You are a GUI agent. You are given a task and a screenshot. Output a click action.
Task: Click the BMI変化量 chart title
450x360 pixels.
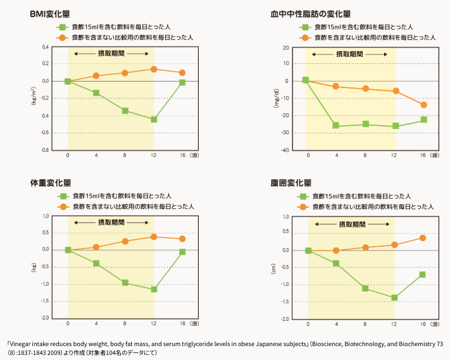point(50,14)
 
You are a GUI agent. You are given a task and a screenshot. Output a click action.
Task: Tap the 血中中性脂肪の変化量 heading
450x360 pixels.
point(311,14)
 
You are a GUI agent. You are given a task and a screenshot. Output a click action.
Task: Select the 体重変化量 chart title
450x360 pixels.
point(51,183)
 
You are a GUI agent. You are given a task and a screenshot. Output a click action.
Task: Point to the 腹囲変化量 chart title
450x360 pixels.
point(291,183)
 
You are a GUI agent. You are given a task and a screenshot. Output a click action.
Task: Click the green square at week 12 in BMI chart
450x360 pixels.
point(154,120)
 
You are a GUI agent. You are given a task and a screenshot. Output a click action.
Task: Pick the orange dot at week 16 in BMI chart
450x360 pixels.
point(182,73)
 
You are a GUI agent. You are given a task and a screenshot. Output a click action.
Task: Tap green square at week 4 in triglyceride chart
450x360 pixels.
point(335,125)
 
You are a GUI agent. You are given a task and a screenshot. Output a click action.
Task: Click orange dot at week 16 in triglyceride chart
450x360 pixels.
point(423,105)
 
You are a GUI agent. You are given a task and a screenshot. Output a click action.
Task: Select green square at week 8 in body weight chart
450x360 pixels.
point(125,283)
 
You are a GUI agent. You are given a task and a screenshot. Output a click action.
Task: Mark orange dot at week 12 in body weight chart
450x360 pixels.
point(154,237)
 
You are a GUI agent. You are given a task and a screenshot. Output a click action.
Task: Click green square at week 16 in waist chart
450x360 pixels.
point(422,275)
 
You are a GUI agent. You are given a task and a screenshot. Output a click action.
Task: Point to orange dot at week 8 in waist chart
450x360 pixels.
point(365,247)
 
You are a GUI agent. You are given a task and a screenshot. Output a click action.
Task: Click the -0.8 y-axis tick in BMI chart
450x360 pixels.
point(46,150)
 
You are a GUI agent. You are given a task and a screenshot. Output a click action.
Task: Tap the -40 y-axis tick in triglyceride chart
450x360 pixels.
point(285,151)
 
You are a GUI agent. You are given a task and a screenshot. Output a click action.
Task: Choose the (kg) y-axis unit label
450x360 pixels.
point(34,268)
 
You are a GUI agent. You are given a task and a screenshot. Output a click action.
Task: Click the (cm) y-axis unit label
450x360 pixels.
point(273,268)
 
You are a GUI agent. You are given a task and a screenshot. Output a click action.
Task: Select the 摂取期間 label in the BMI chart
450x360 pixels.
point(111,54)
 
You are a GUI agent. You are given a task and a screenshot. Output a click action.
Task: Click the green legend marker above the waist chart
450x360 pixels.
point(303,197)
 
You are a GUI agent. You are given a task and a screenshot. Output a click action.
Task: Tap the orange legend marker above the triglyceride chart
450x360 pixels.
point(305,38)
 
